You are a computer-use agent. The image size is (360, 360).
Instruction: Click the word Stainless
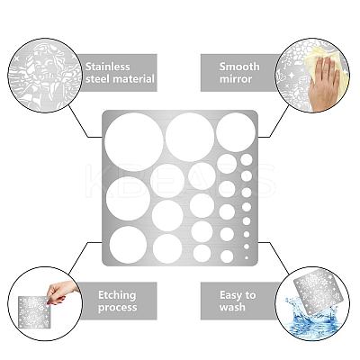coord(108,67)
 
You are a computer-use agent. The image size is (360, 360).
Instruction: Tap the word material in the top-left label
coord(134,79)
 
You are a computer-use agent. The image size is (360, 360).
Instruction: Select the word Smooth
coord(239,67)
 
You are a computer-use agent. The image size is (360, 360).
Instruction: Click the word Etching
coord(117,295)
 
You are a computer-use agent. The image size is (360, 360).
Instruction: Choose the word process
coord(117,308)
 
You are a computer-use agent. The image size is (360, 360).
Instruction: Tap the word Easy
coord(231,295)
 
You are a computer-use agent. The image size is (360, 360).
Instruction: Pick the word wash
coord(232,307)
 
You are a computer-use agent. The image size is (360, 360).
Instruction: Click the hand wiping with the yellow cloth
coord(326,83)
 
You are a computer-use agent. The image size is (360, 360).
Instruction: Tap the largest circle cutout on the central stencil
coord(134,142)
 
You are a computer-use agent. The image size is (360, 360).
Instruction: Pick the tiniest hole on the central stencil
coord(247,257)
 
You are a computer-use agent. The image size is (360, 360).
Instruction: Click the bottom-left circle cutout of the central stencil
coord(128,245)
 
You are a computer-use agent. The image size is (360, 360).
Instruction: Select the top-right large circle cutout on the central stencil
coord(236,132)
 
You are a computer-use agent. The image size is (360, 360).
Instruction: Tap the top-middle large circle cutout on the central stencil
coord(190,137)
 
